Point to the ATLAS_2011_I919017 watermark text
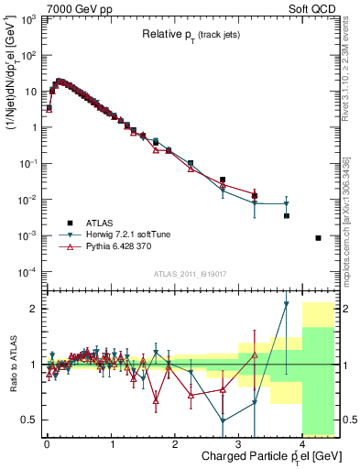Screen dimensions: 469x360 (x=191, y=272)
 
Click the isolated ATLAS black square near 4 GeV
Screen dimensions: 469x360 (x=318, y=238)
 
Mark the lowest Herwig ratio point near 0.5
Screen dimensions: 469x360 (x=223, y=421)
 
